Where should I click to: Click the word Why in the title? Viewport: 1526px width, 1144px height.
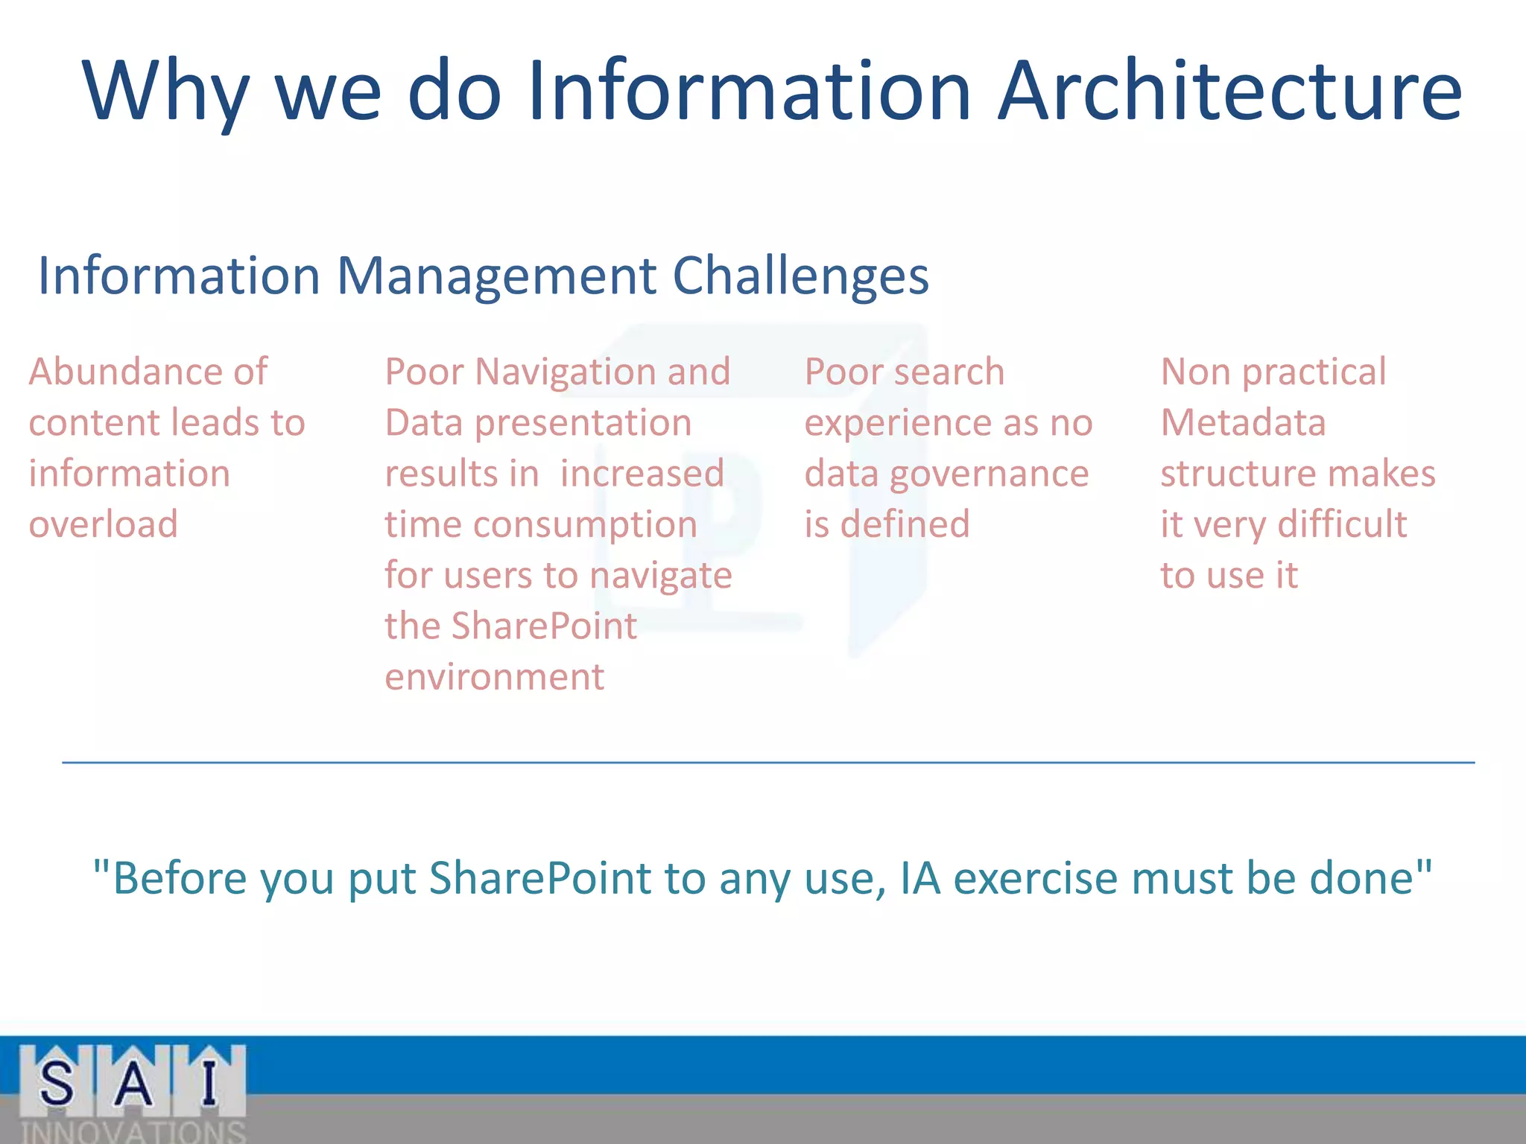[165, 93]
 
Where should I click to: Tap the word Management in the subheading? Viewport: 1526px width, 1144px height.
[496, 276]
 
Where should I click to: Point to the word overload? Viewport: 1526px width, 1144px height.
[104, 524]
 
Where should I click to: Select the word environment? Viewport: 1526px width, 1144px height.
[494, 677]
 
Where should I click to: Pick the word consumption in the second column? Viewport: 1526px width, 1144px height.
[585, 524]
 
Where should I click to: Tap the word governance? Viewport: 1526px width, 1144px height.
[989, 474]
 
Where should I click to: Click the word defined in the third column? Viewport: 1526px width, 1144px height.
[905, 524]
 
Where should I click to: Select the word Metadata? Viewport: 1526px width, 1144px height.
[1243, 423]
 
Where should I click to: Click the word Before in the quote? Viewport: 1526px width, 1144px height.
[179, 878]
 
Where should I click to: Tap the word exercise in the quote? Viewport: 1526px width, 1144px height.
[1034, 878]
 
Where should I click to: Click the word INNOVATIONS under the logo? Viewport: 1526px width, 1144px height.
[133, 1131]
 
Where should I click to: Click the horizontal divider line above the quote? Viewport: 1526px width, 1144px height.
[767, 763]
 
